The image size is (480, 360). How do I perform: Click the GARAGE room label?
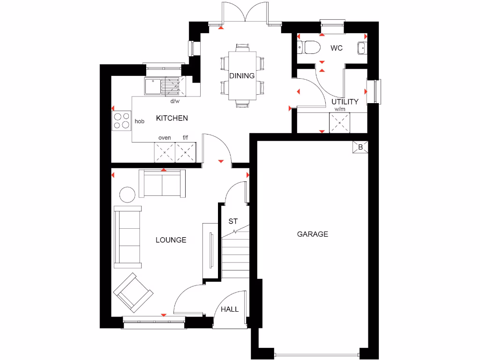(x=312, y=234)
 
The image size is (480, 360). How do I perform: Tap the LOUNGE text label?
(x=171, y=240)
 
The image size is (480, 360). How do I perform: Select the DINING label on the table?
(x=242, y=76)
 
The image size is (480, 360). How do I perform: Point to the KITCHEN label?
(x=172, y=118)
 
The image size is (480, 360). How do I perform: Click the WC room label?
(x=337, y=48)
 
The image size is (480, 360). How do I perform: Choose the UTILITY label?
(x=345, y=102)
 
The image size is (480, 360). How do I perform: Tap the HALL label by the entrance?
(x=230, y=309)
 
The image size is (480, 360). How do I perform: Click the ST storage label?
(x=233, y=221)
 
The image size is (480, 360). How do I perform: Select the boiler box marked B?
(x=360, y=147)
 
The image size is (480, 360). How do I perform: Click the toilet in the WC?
(x=309, y=47)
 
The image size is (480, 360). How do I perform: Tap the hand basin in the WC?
(x=362, y=47)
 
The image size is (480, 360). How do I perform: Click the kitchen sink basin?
(x=153, y=86)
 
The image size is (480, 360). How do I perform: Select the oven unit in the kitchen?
(x=165, y=152)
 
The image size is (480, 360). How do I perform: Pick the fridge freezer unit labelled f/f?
(x=186, y=152)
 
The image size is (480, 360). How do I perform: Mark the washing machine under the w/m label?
(x=340, y=122)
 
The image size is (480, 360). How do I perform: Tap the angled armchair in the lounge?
(x=133, y=293)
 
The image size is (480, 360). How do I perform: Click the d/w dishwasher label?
(x=174, y=101)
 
